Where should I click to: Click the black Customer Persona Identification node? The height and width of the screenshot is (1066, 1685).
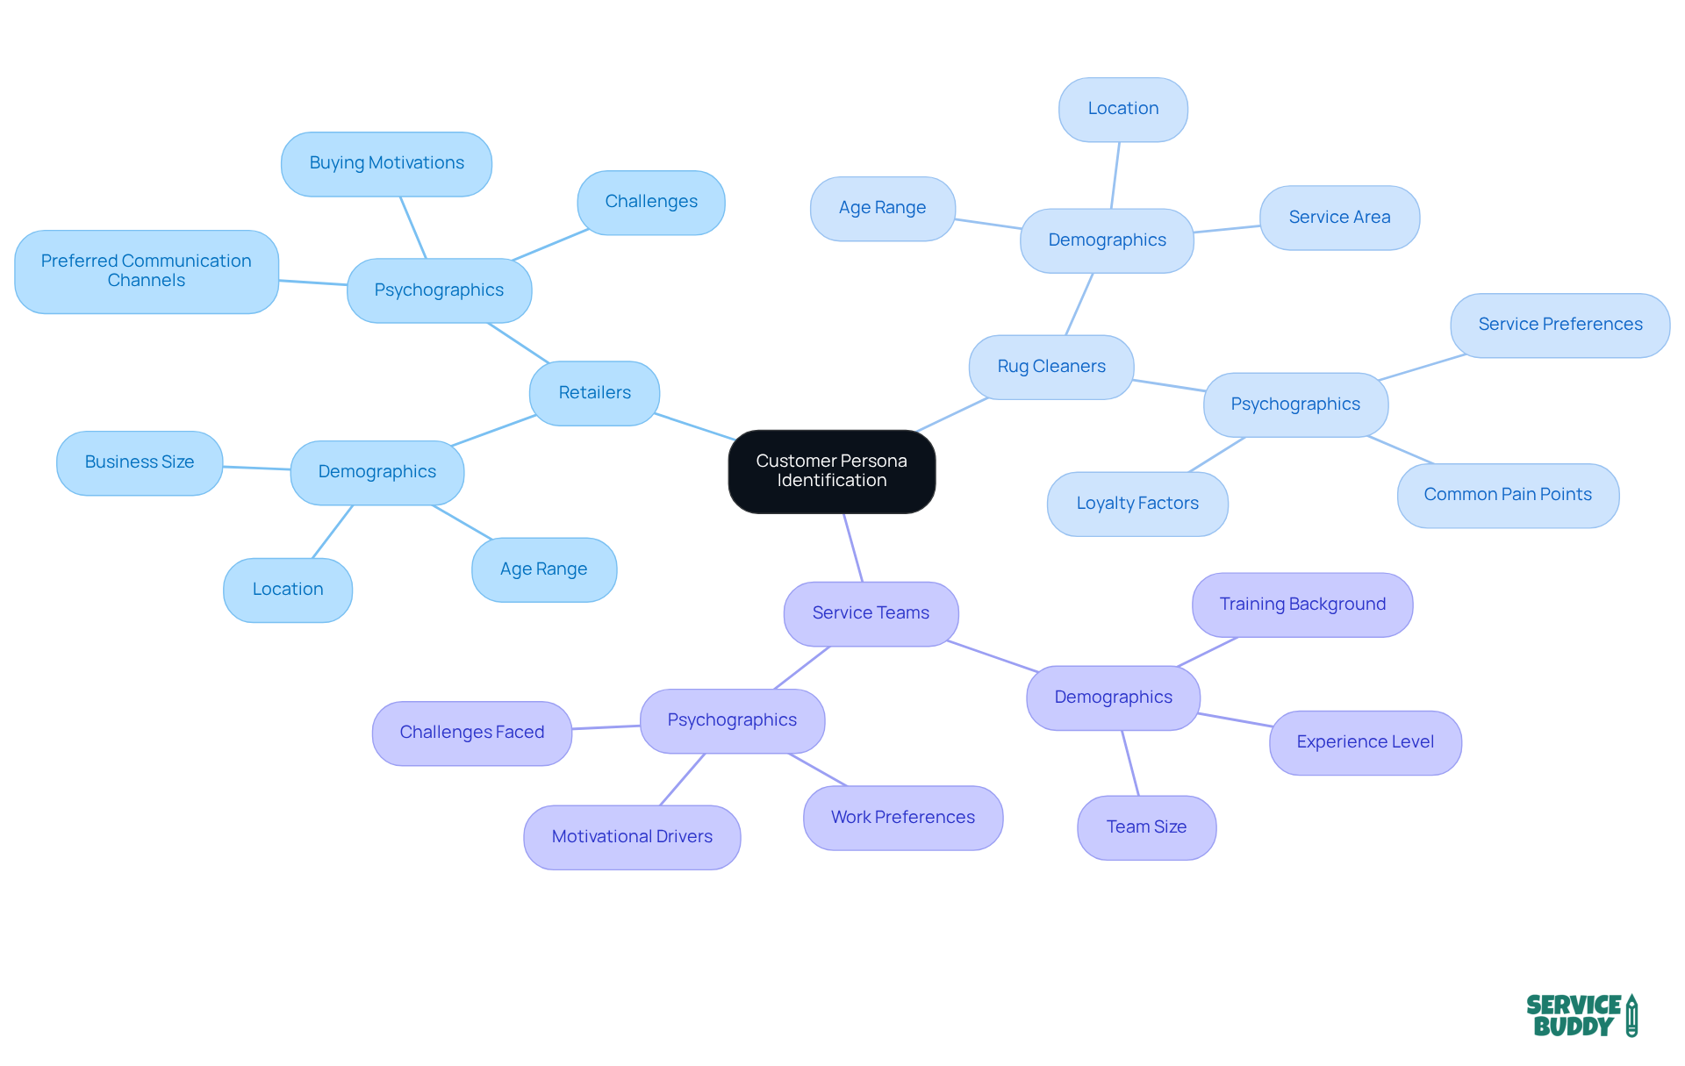point(831,471)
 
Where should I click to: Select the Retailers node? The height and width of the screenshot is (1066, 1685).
point(594,393)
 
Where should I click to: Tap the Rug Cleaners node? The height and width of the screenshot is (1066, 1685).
point(1050,367)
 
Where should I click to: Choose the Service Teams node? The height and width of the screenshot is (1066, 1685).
point(870,613)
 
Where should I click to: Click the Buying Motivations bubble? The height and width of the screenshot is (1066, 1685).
point(386,163)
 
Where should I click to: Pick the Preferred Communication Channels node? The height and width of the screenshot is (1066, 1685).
point(147,271)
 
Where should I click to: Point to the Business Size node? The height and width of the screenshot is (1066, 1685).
point(140,462)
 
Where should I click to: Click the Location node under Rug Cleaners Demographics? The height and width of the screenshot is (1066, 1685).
point(1122,109)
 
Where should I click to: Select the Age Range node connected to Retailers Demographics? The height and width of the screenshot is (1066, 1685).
point(543,569)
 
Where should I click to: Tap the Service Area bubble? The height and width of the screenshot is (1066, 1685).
point(1339,218)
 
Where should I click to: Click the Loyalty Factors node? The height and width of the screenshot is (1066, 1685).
point(1136,504)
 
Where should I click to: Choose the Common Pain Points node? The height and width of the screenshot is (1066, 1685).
point(1507,495)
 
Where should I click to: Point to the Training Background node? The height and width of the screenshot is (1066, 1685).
point(1301,605)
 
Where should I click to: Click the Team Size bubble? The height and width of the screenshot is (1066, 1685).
point(1146,827)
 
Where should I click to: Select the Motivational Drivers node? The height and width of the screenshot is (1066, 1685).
point(632,837)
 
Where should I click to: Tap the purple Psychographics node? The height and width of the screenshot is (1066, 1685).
point(732,720)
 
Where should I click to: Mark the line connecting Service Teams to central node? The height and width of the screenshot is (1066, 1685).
point(853,547)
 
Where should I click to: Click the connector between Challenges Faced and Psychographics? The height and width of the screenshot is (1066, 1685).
point(606,727)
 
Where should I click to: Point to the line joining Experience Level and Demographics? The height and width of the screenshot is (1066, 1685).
point(1235,720)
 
